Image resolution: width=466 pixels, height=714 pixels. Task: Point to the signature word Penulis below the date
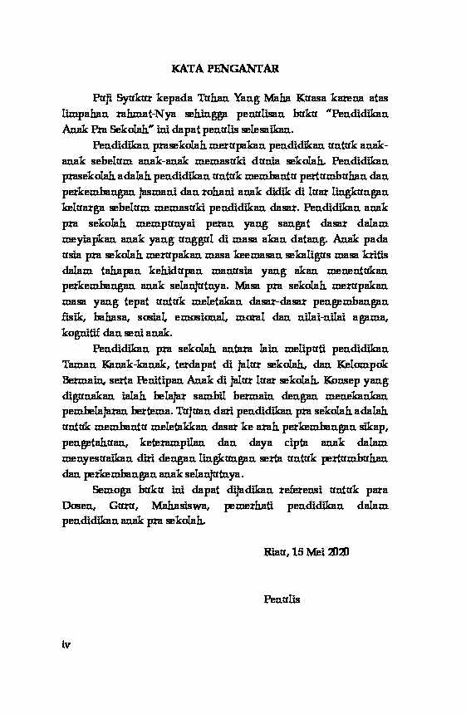pos(279,598)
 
